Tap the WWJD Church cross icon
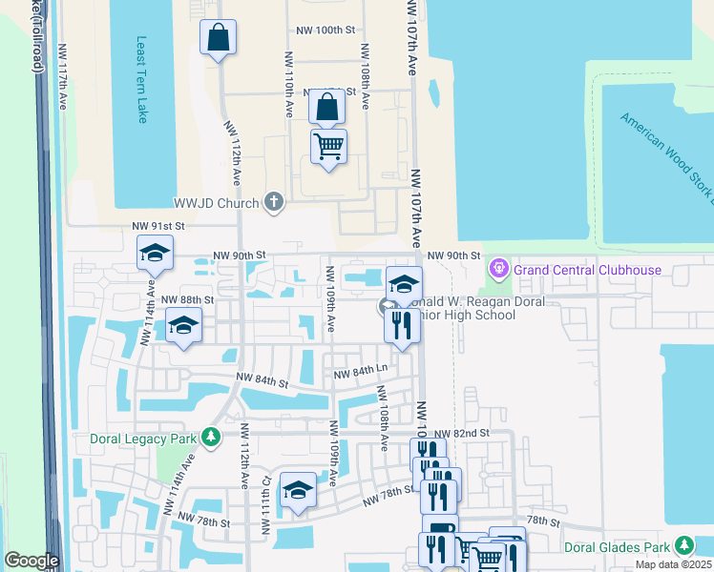[x=274, y=201]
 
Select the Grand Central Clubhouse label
[x=587, y=270]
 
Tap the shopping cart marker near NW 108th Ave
[x=328, y=147]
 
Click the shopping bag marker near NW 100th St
[x=219, y=38]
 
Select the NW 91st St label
[x=157, y=226]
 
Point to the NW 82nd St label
[x=465, y=433]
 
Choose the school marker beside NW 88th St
[x=184, y=326]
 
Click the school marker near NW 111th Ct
[x=299, y=491]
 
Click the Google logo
[x=31, y=561]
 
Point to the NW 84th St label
[x=263, y=381]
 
